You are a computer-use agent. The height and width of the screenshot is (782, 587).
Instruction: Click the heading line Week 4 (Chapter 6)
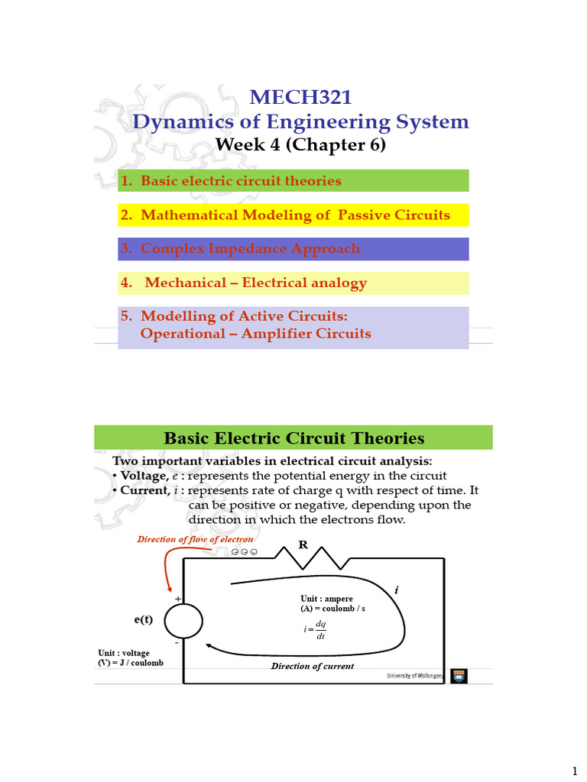click(300, 144)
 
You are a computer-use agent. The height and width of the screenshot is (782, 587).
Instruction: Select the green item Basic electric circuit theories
click(231, 181)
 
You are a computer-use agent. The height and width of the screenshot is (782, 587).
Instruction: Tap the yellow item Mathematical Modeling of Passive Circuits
click(284, 215)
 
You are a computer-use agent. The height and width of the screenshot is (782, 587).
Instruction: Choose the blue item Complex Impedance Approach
click(240, 249)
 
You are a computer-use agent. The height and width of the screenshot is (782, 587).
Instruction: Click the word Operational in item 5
click(178, 334)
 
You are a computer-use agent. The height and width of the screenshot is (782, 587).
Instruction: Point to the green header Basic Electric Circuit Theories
click(293, 438)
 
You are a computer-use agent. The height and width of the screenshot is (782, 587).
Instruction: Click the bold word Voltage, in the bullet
click(144, 477)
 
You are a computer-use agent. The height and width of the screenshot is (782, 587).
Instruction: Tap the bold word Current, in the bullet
click(144, 491)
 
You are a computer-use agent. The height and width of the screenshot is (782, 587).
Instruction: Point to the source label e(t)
click(144, 619)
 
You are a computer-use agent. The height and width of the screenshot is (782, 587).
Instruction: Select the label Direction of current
click(313, 666)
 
